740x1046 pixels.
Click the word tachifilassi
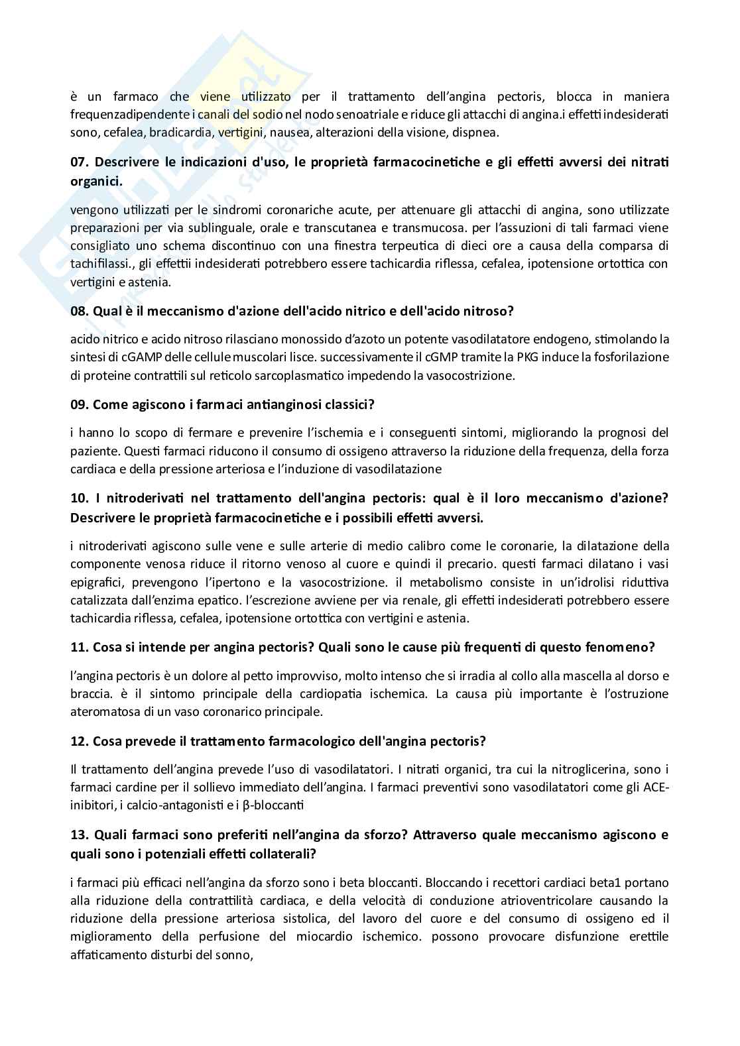(99, 264)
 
